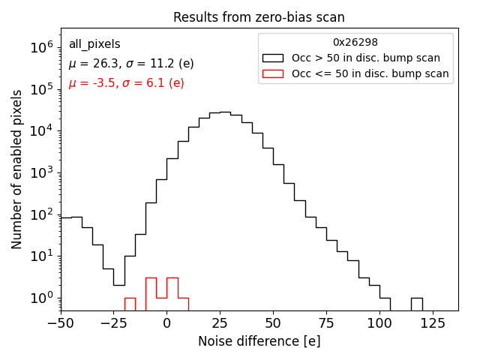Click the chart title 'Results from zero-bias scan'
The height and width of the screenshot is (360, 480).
pyautogui.click(x=259, y=17)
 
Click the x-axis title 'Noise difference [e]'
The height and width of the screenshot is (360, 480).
pyautogui.click(x=259, y=341)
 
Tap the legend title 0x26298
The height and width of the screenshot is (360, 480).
pyautogui.click(x=355, y=43)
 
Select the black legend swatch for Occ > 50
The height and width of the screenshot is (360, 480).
pyautogui.click(x=273, y=58)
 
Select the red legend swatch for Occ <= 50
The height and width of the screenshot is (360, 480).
pyautogui.click(x=273, y=73)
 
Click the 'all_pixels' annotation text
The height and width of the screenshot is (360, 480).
pyautogui.click(x=94, y=44)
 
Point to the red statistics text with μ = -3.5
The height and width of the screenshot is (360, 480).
pyautogui.click(x=126, y=83)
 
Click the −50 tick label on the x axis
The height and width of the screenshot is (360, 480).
pyautogui.click(x=61, y=323)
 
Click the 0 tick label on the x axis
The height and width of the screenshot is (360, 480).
pyautogui.click(x=167, y=323)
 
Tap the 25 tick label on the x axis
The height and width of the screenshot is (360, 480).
pyautogui.click(x=220, y=323)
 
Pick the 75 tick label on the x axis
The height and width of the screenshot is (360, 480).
pyautogui.click(x=326, y=323)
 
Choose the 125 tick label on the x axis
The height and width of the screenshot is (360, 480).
pyautogui.click(x=433, y=323)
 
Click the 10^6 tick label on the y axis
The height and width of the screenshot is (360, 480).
pyautogui.click(x=42, y=47)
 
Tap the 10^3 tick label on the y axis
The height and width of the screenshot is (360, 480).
pyautogui.click(x=42, y=172)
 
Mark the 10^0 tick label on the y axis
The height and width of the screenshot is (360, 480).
pyautogui.click(x=42, y=298)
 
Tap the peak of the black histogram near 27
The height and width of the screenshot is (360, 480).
pyautogui.click(x=225, y=112)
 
